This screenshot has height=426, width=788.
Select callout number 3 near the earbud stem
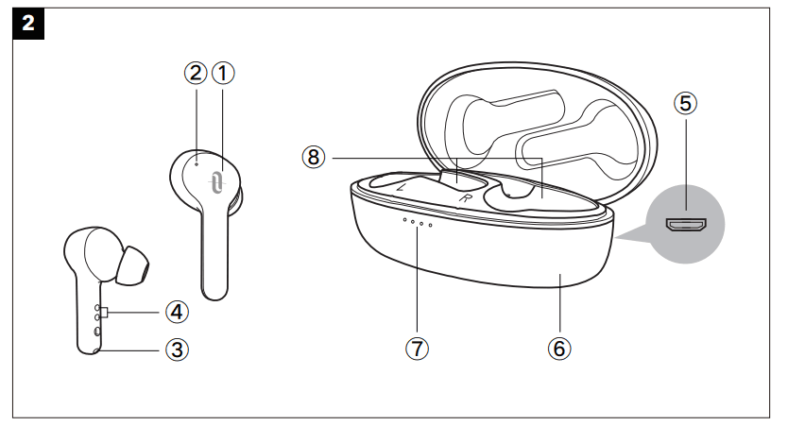click(177, 349)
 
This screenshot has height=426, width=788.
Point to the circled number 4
click(177, 311)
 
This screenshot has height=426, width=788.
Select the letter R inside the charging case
click(466, 198)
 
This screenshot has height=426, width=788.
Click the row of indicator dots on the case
click(417, 222)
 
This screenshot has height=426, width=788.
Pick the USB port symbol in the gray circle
click(687, 225)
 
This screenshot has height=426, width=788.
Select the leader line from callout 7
click(417, 283)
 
